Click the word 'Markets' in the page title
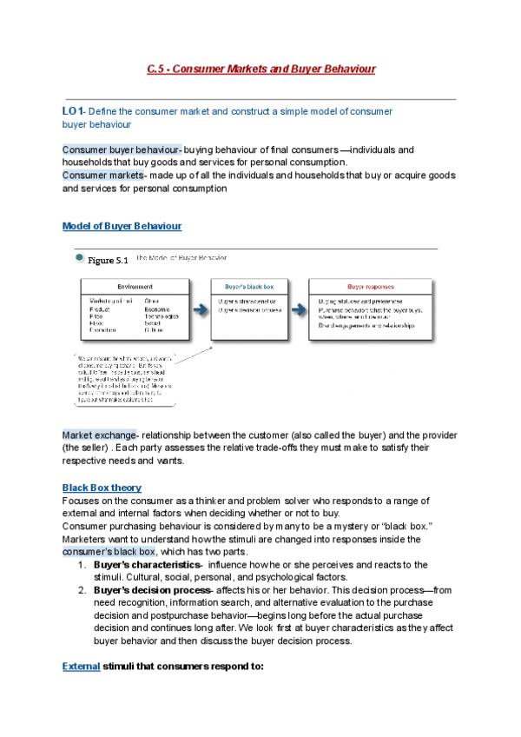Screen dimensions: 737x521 250,69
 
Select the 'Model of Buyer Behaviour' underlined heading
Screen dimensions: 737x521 122,226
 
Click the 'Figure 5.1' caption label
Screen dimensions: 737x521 108,260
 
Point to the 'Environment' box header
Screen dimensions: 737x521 135,286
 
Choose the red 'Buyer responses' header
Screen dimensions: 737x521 371,286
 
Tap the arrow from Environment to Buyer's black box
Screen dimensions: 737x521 201,304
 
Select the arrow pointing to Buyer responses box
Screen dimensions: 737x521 299,304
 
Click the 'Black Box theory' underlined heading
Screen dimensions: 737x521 102,488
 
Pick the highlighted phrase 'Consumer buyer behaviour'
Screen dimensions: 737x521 120,149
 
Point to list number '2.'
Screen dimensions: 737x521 79,590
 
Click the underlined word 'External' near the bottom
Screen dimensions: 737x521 81,667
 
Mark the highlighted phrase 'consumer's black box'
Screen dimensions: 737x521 109,551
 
